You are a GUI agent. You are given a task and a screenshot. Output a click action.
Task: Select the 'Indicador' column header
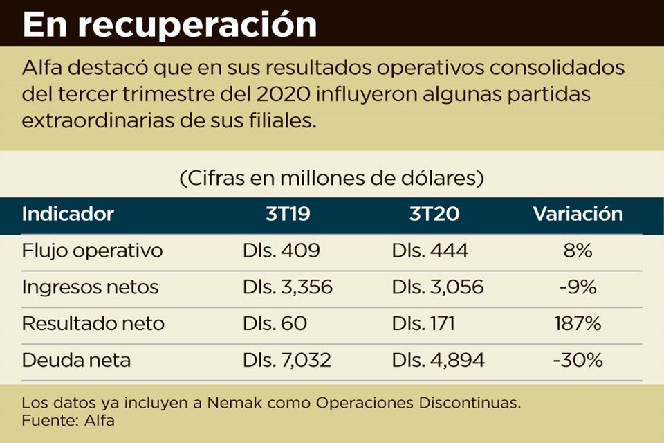click(68, 214)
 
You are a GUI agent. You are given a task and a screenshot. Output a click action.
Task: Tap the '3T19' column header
click(288, 214)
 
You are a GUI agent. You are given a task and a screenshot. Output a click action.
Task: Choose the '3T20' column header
click(432, 214)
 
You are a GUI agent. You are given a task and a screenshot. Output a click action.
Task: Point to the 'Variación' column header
click(578, 214)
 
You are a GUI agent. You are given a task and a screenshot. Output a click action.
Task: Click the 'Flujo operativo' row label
click(92, 251)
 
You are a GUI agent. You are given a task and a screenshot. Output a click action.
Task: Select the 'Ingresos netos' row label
click(90, 287)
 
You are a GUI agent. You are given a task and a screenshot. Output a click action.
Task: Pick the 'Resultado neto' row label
click(93, 323)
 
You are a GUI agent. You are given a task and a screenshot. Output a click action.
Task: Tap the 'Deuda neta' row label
click(76, 360)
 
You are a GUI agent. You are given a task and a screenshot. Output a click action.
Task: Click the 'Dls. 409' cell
click(281, 251)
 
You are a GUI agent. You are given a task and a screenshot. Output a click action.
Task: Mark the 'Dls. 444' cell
click(430, 251)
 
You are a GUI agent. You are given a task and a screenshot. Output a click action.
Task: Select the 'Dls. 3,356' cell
click(287, 287)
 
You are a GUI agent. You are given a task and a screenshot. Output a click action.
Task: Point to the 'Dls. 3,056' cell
click(437, 287)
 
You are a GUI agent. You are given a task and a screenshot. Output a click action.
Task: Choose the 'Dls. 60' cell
click(275, 323)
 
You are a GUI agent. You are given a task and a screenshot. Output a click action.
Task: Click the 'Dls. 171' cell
click(423, 323)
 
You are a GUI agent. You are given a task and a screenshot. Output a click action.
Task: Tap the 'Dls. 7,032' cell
click(287, 360)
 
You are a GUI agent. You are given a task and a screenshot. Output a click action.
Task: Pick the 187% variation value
click(578, 323)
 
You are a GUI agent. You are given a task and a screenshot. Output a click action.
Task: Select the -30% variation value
click(578, 360)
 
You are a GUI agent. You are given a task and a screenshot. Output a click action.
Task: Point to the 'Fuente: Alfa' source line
click(68, 419)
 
